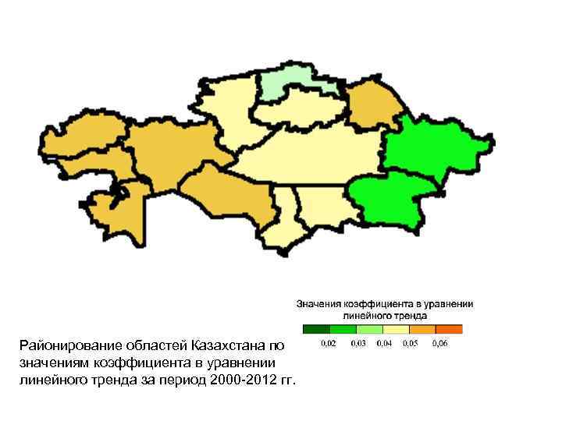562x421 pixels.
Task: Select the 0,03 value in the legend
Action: pyautogui.click(x=359, y=343)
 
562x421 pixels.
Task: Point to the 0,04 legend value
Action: pyautogui.click(x=385, y=343)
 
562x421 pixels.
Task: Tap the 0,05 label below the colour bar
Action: pyautogui.click(x=411, y=343)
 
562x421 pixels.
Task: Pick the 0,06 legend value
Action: pyautogui.click(x=442, y=343)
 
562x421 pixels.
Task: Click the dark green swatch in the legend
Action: pyautogui.click(x=316, y=329)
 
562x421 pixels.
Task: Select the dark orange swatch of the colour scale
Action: pyautogui.click(x=449, y=329)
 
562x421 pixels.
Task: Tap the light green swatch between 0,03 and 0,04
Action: pyautogui.click(x=369, y=329)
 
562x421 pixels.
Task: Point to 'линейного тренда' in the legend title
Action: pyautogui.click(x=384, y=316)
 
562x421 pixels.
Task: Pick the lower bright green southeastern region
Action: pyautogui.click(x=390, y=200)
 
